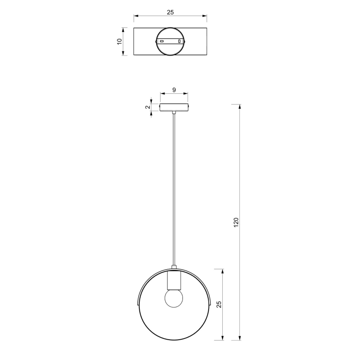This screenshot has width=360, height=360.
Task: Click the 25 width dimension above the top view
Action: click(170, 12)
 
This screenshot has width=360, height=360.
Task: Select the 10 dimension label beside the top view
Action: click(119, 41)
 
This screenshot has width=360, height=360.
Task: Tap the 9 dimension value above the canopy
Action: click(174, 90)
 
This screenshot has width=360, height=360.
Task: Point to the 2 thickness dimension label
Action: click(147, 107)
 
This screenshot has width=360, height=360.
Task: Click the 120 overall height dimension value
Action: click(236, 222)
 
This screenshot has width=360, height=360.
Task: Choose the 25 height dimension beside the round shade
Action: click(219, 304)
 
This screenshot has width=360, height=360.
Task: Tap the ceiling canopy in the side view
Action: click(174, 107)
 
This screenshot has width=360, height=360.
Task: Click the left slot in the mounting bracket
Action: click(162, 41)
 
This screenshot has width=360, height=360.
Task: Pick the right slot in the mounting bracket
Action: click(180, 41)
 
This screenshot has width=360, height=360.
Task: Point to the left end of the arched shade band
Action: click(137, 304)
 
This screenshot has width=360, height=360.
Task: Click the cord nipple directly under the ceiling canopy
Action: click(174, 112)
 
